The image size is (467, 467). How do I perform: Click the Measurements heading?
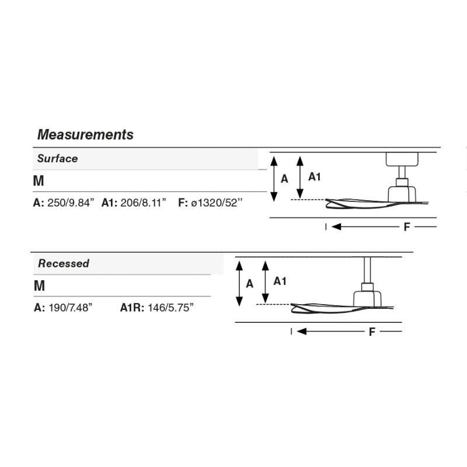tap(85, 135)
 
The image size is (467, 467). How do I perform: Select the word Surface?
tap(57, 158)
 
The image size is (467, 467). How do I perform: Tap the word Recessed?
tap(64, 263)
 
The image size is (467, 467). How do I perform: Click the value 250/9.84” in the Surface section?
tap(71, 203)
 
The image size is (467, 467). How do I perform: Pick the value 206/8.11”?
tap(143, 203)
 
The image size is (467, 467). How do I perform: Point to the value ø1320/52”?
tap(217, 203)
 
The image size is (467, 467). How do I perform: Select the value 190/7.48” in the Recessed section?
tap(71, 308)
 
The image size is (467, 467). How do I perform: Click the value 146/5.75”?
tap(170, 308)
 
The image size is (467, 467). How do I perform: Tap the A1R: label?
tap(132, 308)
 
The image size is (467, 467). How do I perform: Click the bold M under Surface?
tap(39, 181)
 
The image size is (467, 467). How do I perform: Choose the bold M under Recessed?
tap(39, 285)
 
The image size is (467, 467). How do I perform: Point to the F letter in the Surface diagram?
tap(407, 227)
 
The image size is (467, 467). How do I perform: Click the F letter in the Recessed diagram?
tap(372, 332)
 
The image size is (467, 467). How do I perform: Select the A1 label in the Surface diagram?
tap(314, 177)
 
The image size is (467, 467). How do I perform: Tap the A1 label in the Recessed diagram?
tap(280, 281)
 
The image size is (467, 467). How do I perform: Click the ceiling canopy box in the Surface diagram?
tap(402, 159)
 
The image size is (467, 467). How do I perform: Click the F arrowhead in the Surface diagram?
tap(336, 227)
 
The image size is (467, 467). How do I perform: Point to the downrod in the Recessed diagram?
tap(368, 270)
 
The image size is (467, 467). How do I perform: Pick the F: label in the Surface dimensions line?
tap(183, 203)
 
